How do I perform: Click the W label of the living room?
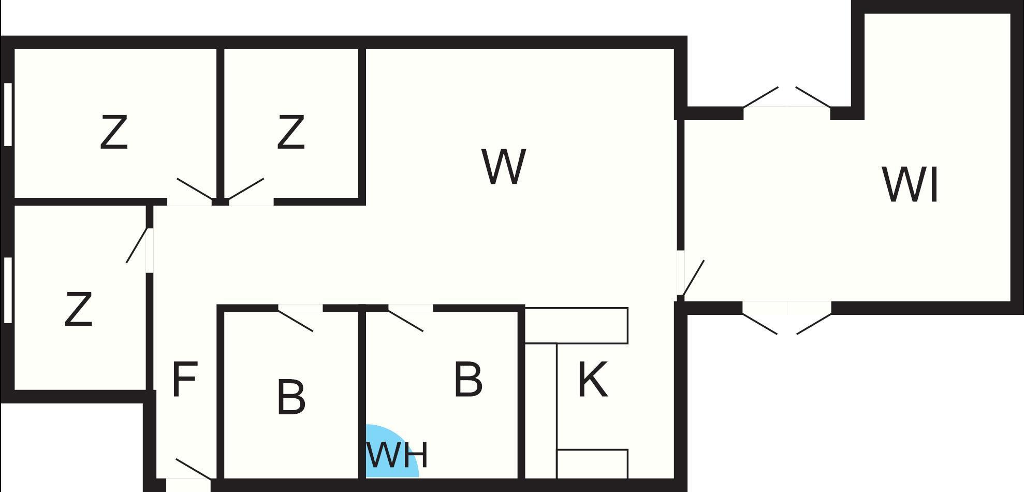[x=504, y=166]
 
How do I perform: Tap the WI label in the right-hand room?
[x=910, y=185]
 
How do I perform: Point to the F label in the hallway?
[x=184, y=380]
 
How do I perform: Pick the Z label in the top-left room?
[x=114, y=133]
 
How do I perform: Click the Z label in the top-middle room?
[x=291, y=133]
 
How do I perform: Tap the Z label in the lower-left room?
[x=79, y=309]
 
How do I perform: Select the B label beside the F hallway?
[x=291, y=397]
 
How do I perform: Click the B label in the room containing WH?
[x=468, y=380]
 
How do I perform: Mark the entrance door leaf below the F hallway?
[x=193, y=469]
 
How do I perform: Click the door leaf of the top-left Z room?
[x=195, y=189]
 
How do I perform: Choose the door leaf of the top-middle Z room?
[x=246, y=189]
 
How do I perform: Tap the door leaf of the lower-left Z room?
[x=138, y=245]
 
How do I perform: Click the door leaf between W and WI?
[x=693, y=278]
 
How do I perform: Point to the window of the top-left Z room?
[x=8, y=114]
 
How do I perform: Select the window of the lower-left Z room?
[x=8, y=290]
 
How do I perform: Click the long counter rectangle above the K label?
[x=576, y=325]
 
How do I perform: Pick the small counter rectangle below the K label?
[x=592, y=464]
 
